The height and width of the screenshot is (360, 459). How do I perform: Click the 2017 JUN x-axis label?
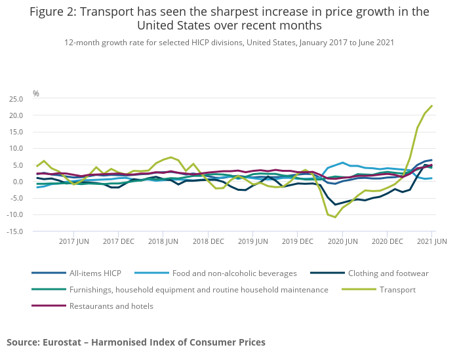[73, 242]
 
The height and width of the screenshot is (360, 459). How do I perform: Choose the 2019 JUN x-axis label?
[252, 242]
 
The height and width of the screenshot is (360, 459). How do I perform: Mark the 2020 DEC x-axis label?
[387, 242]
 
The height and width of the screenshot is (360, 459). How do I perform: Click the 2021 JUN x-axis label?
[431, 242]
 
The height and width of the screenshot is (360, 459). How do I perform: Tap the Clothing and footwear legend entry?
[388, 273]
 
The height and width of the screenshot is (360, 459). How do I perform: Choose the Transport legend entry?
[399, 289]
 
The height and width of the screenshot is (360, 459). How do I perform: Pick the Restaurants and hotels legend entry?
[111, 306]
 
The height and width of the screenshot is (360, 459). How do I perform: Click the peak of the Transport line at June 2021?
[432, 106]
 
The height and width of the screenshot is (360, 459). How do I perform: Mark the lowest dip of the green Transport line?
[335, 217]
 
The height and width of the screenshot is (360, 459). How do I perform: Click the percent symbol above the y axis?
[36, 94]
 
